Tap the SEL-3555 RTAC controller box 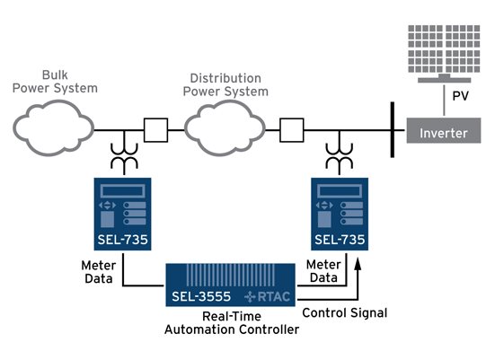tap(232, 285)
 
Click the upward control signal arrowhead tap(359, 260)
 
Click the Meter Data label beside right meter tap(323, 272)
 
